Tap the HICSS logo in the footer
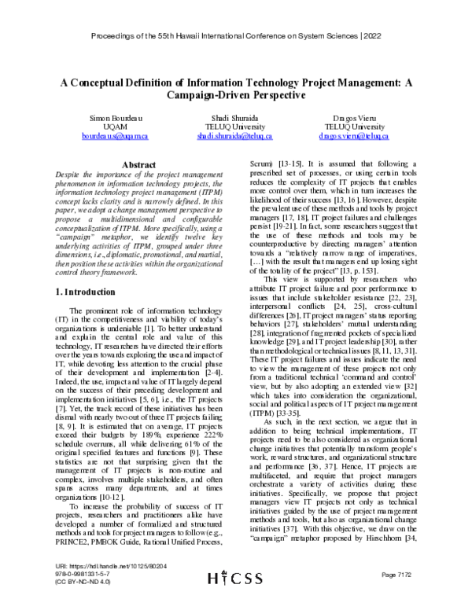click(x=235, y=598)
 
